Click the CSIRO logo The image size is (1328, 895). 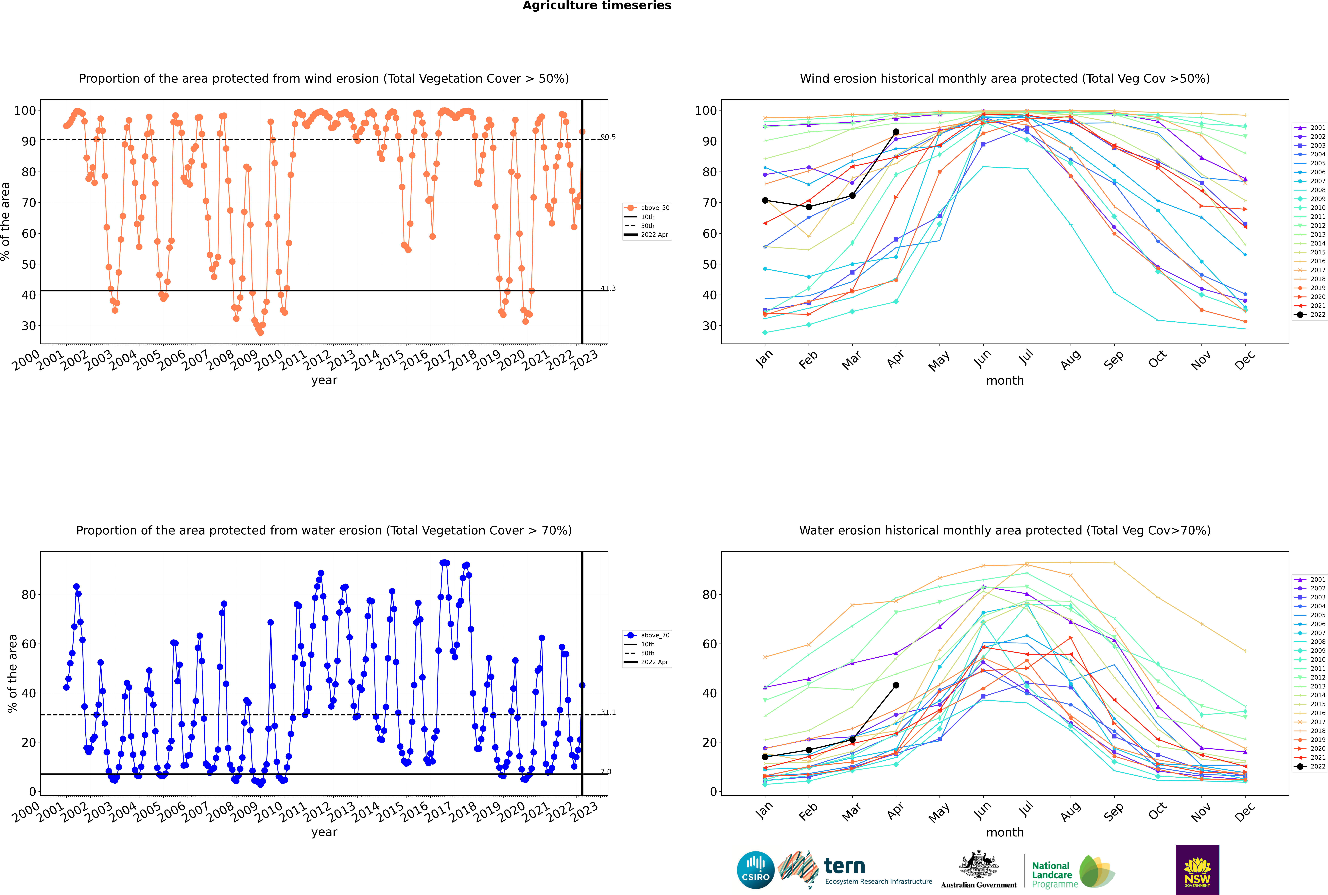tap(755, 870)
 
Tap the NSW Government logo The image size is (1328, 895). tap(1197, 869)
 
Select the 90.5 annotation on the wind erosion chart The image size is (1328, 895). tap(608, 137)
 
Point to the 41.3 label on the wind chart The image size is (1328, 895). tap(608, 288)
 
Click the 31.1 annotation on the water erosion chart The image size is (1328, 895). tap(608, 712)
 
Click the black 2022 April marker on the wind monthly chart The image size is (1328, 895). tap(896, 132)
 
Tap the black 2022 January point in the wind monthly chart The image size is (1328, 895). tap(765, 200)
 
